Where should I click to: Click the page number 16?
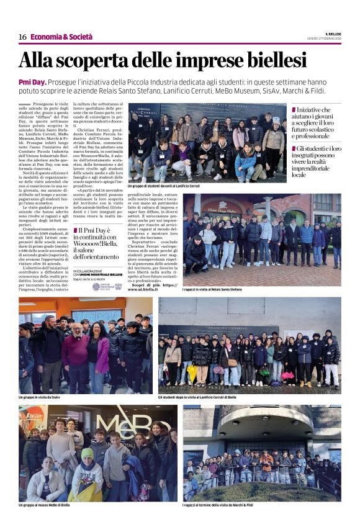point(22,37)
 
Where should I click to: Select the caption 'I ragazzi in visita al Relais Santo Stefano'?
point(212,289)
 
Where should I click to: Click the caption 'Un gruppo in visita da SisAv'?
point(42,397)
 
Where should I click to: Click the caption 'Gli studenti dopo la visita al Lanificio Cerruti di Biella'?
point(197,397)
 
